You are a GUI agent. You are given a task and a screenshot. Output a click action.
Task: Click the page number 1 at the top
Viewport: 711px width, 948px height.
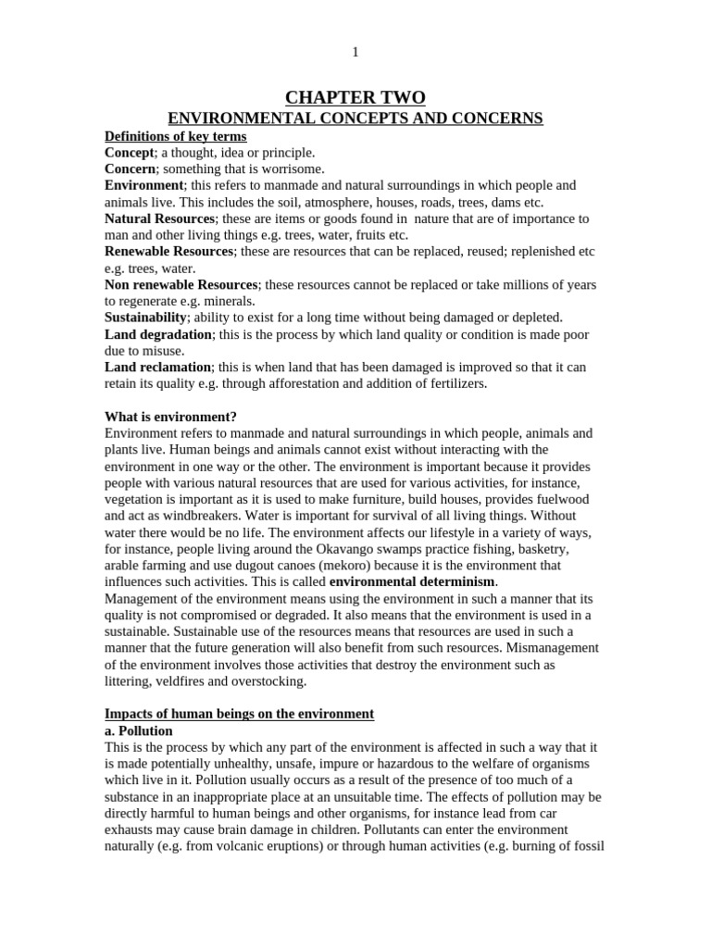tap(355, 53)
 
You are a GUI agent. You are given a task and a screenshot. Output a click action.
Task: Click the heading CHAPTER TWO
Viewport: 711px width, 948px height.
tap(355, 98)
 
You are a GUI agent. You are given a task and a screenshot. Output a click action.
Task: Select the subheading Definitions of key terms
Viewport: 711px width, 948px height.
tap(175, 136)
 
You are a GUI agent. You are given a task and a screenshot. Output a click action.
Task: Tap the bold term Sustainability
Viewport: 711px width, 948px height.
tap(146, 318)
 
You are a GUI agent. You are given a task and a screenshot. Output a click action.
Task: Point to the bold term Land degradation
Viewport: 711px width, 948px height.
tap(158, 334)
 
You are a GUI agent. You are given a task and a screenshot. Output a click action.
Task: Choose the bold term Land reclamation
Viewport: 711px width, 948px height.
tap(158, 368)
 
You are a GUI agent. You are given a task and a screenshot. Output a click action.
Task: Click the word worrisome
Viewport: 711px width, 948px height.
tap(294, 169)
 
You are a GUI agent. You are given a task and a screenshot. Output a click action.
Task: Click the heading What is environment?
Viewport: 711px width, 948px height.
tap(171, 417)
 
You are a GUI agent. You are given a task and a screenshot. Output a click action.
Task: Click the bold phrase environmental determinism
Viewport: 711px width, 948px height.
tap(413, 582)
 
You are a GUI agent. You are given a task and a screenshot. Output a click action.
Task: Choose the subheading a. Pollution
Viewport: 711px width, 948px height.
tap(139, 730)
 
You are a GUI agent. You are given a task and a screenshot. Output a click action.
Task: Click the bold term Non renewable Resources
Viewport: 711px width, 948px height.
tap(181, 284)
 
